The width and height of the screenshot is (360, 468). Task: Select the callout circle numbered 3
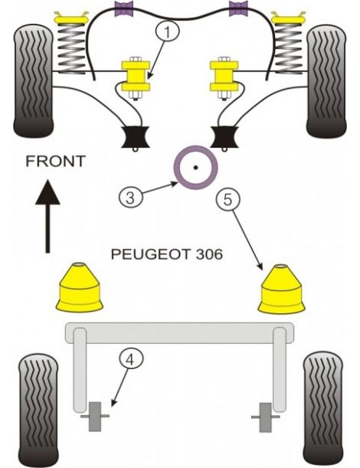point(130,197)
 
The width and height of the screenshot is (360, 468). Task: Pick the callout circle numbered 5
point(227,200)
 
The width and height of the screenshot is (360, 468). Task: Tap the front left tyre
point(34,79)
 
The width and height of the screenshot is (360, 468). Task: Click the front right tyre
point(329,79)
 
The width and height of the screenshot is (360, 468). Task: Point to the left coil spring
point(71,44)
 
